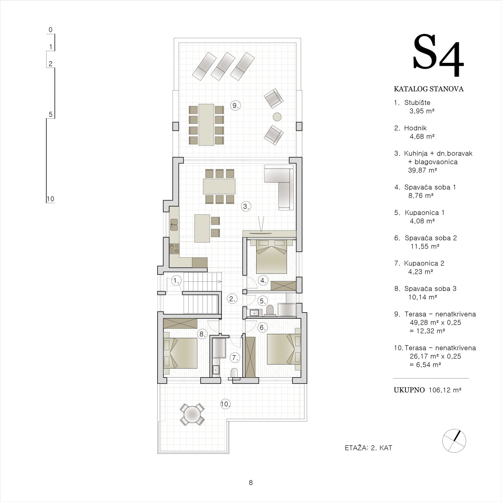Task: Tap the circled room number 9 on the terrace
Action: pyautogui.click(x=235, y=105)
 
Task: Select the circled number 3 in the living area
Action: pyautogui.click(x=246, y=206)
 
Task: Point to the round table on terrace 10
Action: pyautogui.click(x=192, y=414)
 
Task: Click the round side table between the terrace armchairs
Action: pyautogui.click(x=277, y=117)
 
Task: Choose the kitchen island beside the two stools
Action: pyautogui.click(x=202, y=228)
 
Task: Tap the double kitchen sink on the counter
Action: pyautogui.click(x=174, y=225)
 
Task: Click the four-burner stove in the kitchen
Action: pyautogui.click(x=174, y=249)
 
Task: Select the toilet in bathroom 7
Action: pyautogui.click(x=234, y=373)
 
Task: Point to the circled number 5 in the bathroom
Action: pyautogui.click(x=263, y=301)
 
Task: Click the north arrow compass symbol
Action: pyautogui.click(x=454, y=441)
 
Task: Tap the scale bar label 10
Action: pyautogui.click(x=50, y=199)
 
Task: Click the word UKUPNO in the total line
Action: pyautogui.click(x=409, y=390)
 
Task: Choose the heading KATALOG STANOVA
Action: pyautogui.click(x=429, y=89)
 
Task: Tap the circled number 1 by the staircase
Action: pyautogui.click(x=176, y=281)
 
